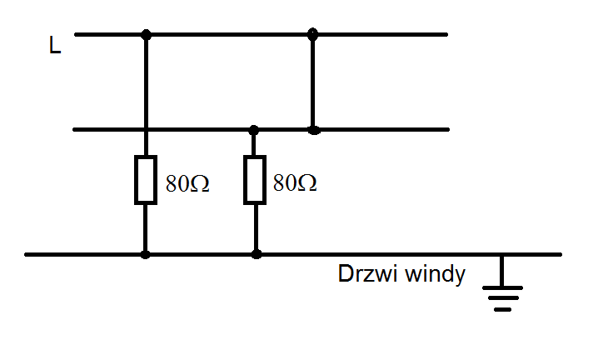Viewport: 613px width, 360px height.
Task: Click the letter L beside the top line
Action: pos(55,45)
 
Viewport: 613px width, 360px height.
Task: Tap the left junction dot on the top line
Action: pos(146,35)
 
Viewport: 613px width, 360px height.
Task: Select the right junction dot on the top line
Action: pos(312,34)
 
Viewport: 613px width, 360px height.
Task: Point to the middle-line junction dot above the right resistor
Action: pos(254,130)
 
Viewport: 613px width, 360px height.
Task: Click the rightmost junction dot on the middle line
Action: pos(313,130)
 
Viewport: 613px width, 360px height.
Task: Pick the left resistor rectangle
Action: pos(146,180)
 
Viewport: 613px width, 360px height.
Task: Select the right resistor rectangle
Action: pos(255,180)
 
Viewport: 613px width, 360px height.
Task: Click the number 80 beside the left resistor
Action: pos(177,183)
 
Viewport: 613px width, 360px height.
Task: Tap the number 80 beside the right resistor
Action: pos(285,182)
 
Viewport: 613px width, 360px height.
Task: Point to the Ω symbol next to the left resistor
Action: pos(200,183)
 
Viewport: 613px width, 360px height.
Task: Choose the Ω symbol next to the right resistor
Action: pos(306,182)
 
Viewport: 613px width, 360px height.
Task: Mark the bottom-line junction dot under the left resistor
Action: pos(145,255)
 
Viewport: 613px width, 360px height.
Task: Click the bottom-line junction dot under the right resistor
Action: pos(256,255)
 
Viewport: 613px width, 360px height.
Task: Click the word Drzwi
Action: pos(368,273)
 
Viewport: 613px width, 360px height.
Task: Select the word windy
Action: pos(435,274)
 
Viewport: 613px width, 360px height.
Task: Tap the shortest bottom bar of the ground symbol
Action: pos(502,309)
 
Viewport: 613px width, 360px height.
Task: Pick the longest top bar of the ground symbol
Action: pos(502,288)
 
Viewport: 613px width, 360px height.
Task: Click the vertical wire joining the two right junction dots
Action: pos(312,82)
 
